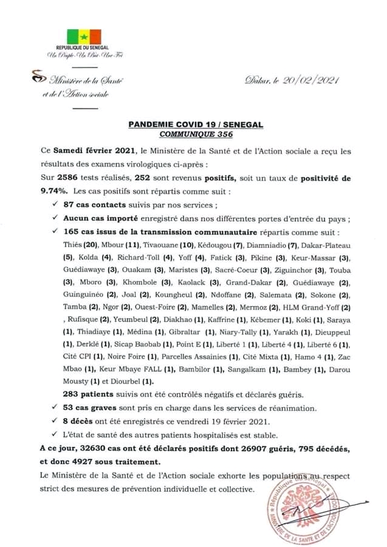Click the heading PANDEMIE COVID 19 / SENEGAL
[196, 123]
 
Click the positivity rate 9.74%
[54, 190]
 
